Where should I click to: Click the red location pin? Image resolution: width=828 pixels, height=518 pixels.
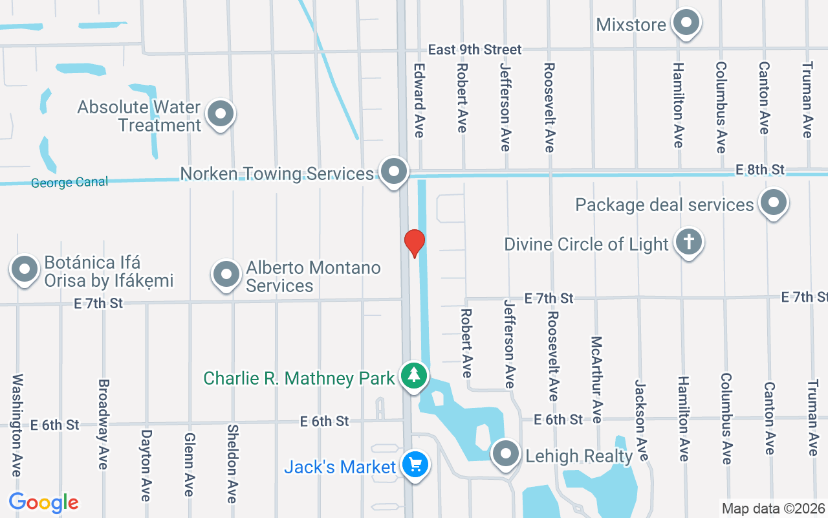(414, 243)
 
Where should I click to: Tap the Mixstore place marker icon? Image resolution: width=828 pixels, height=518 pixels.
(686, 24)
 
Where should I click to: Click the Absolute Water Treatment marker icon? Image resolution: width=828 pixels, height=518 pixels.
(221, 115)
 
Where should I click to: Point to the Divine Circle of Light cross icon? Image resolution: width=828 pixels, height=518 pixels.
(689, 243)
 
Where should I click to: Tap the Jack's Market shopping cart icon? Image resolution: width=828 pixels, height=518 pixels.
(415, 465)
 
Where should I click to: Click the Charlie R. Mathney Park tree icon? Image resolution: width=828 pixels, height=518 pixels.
(414, 376)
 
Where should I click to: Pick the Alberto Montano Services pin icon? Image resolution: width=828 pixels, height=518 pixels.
(226, 275)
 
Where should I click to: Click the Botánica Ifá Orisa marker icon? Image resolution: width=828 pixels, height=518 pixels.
(25, 269)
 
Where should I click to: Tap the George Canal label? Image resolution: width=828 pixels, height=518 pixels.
(69, 183)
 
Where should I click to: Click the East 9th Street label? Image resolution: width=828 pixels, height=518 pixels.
(475, 50)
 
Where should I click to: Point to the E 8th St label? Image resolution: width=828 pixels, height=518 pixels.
(760, 170)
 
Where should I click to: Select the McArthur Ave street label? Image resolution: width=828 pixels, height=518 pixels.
(596, 379)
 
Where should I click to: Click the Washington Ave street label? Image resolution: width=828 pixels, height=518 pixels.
(17, 425)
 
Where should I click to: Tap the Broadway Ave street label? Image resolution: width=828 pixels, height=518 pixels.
(103, 425)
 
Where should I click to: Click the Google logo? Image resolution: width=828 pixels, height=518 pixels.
(44, 502)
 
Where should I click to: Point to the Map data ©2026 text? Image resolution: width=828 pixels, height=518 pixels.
(774, 508)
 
